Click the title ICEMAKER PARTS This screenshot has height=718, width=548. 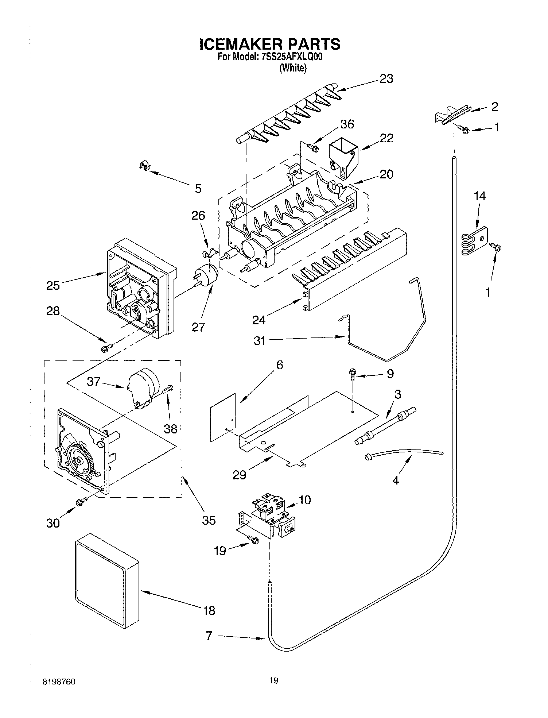point(270,44)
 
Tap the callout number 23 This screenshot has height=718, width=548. point(386,79)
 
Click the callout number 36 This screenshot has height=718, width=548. point(347,124)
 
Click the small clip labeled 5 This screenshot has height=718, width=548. point(145,166)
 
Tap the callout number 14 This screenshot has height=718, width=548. point(479,196)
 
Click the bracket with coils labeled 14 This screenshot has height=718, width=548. point(473,241)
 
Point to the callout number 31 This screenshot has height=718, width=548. point(259,341)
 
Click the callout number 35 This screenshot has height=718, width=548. point(209,520)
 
